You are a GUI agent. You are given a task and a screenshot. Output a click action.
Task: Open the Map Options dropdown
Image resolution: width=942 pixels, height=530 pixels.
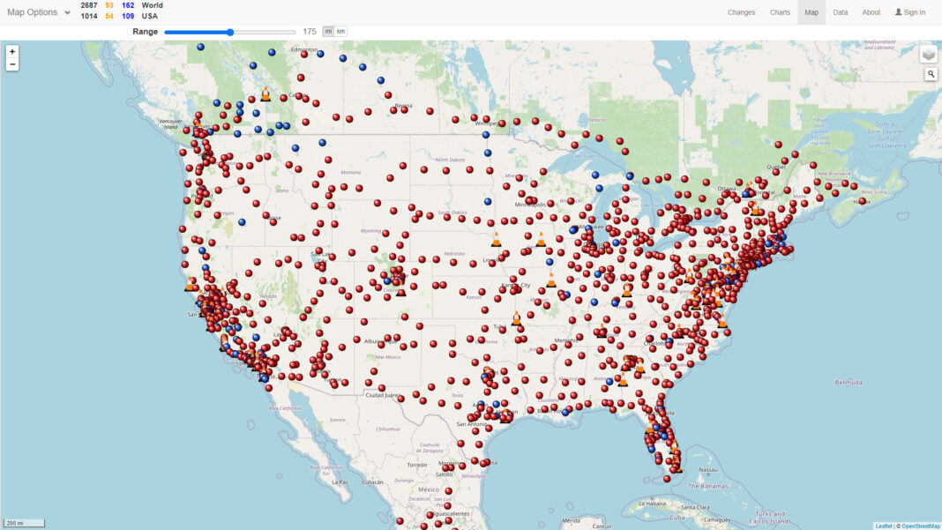(39, 12)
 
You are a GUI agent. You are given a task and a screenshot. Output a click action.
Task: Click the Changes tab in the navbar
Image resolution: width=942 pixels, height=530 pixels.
(741, 12)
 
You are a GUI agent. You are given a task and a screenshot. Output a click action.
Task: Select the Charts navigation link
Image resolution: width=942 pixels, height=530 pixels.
(780, 12)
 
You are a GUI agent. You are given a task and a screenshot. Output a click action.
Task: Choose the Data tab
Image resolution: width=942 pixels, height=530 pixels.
(840, 12)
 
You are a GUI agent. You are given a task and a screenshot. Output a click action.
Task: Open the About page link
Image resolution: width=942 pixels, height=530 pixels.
(871, 12)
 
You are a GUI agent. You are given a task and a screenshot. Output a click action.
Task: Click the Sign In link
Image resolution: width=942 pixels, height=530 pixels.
(910, 12)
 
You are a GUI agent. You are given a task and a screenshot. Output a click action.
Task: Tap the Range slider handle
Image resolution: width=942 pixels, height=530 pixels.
(230, 32)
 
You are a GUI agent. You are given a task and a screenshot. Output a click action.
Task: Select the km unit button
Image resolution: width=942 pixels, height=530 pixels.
(340, 32)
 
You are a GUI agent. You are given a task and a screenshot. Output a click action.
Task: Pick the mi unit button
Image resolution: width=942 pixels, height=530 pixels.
(328, 32)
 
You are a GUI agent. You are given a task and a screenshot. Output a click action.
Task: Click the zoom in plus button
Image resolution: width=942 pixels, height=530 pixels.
(12, 52)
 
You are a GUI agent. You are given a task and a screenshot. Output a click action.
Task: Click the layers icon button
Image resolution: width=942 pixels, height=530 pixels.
(929, 55)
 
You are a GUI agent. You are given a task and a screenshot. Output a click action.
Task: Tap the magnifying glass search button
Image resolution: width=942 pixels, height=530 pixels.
(931, 74)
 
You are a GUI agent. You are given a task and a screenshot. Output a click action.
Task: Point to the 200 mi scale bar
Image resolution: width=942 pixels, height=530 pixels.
(24, 523)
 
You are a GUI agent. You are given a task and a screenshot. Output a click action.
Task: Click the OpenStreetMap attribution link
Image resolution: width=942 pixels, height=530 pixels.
(920, 526)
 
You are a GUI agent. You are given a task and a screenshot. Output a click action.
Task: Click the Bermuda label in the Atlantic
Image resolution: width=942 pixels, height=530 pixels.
(849, 383)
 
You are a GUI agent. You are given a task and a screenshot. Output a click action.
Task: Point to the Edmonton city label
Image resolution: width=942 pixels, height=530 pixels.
(303, 49)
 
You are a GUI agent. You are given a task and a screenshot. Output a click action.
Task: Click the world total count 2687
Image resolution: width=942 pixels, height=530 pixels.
(89, 5)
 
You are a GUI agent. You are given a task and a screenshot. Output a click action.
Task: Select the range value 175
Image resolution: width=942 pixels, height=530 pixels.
(309, 32)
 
